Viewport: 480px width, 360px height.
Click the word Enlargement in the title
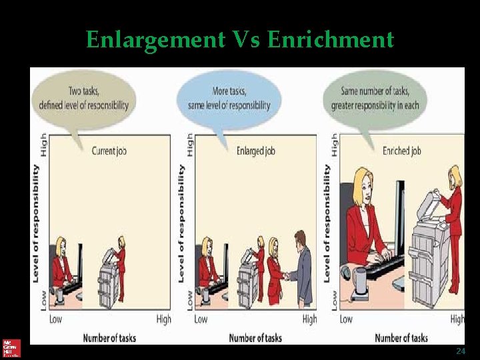pos(155,41)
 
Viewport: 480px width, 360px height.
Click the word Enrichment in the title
pos(331,41)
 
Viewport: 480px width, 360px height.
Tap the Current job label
pos(109,151)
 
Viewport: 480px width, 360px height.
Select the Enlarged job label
pos(255,151)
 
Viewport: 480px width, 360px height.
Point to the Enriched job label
pos(401,151)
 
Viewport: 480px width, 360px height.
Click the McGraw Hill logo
pos(11,347)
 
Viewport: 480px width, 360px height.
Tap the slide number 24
pos(460,351)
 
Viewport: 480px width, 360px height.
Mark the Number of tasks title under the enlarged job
pos(255,338)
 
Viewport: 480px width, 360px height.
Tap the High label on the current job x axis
pos(163,319)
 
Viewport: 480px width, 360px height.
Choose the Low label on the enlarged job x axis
pos(200,319)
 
